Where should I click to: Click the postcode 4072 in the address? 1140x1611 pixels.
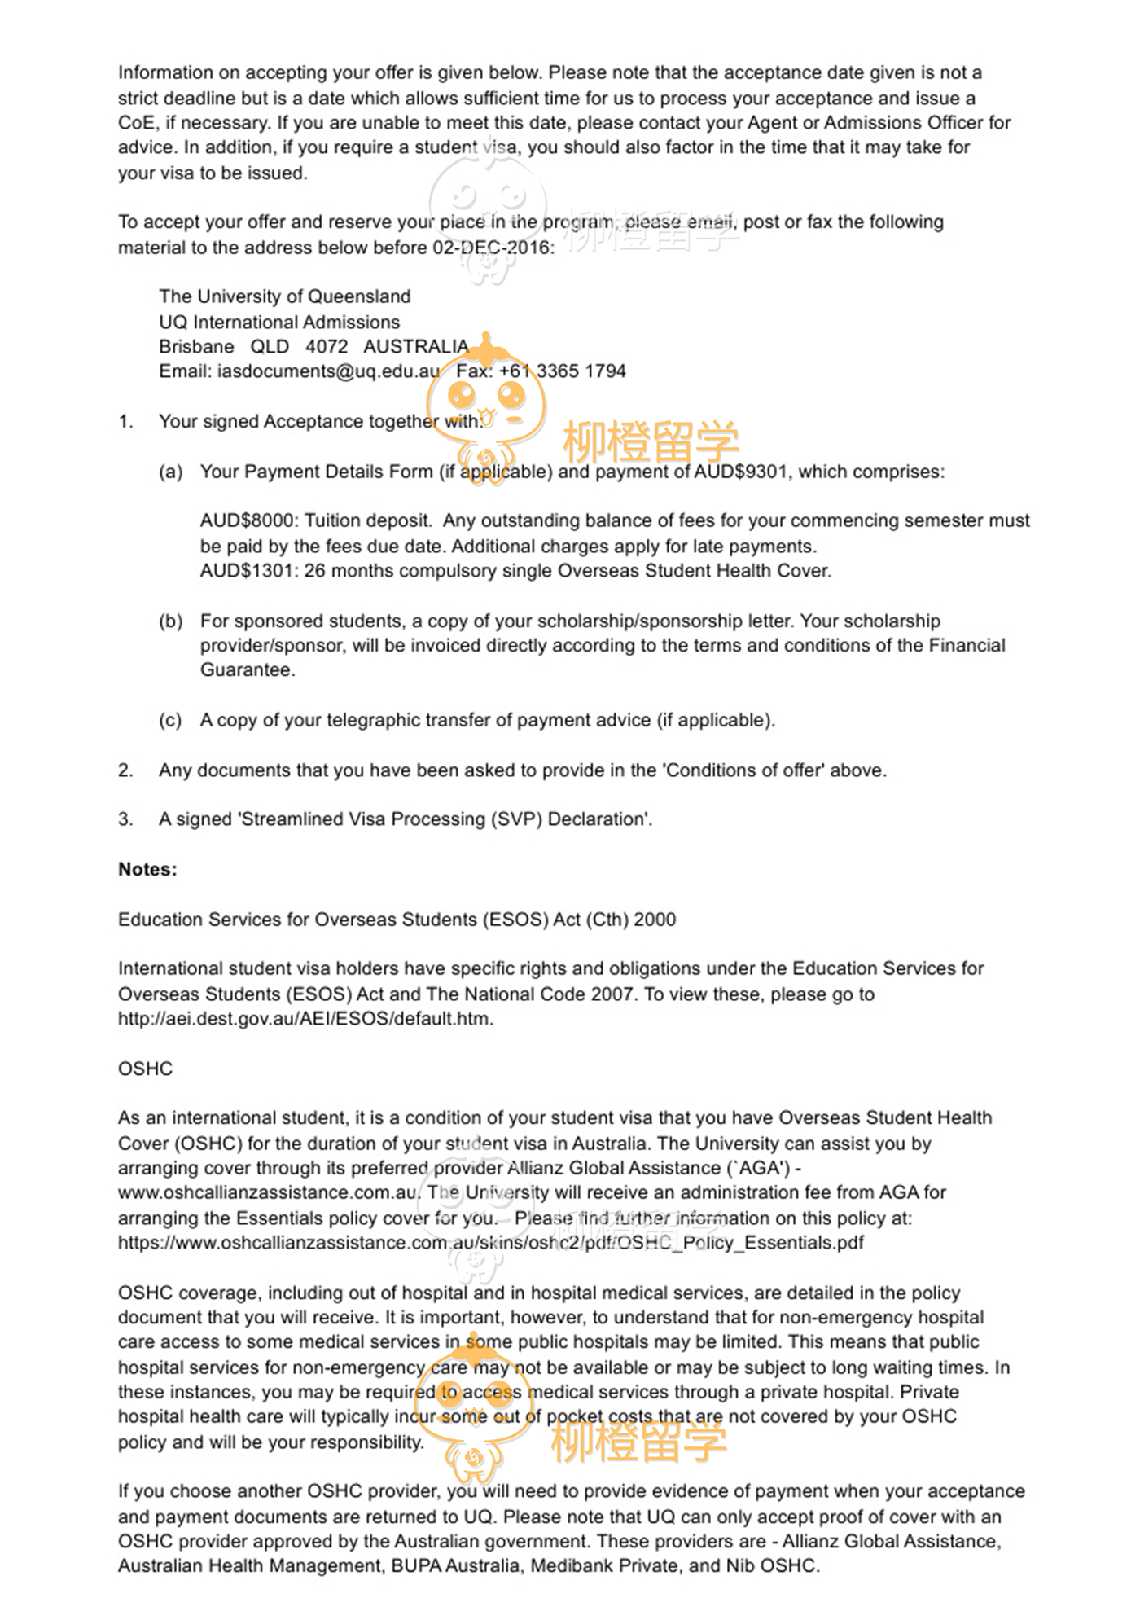point(327,347)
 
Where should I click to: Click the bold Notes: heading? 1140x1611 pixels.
point(147,870)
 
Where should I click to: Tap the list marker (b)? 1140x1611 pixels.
point(170,621)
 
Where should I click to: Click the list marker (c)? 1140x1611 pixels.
point(170,721)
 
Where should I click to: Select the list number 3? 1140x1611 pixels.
point(125,819)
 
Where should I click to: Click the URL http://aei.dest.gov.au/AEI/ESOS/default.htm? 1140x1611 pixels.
point(305,1019)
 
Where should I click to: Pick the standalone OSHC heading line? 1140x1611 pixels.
point(145,1069)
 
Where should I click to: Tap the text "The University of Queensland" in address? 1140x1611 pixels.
point(284,296)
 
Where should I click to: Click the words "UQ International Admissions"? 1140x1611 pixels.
point(279,323)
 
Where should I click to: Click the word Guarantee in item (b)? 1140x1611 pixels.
point(247,670)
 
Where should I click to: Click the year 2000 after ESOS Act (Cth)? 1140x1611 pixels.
point(655,920)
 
